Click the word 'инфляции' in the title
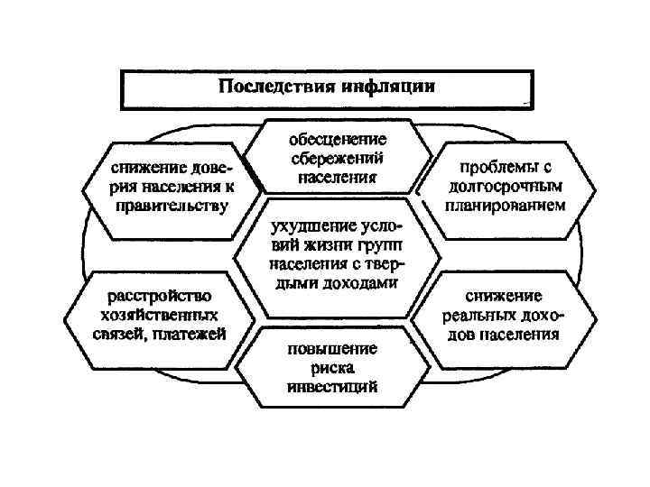(389, 88)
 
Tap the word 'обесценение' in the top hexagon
(338, 140)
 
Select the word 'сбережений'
(338, 158)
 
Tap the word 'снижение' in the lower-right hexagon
(503, 297)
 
